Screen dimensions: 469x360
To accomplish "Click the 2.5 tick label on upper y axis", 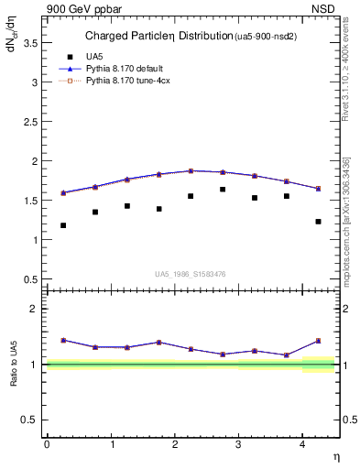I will click(33, 121).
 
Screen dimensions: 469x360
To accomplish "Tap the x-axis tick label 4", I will click(302, 444).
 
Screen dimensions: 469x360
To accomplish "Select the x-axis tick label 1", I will click(111, 444).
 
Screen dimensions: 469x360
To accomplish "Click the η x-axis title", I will click(335, 456).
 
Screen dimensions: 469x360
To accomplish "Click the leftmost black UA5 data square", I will click(63, 225).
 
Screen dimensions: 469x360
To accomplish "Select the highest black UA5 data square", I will click(223, 190).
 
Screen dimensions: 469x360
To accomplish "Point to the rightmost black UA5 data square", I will click(319, 221).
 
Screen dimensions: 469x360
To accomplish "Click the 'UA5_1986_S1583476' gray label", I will click(191, 273).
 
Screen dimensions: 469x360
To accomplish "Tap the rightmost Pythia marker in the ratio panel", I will click(319, 341).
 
